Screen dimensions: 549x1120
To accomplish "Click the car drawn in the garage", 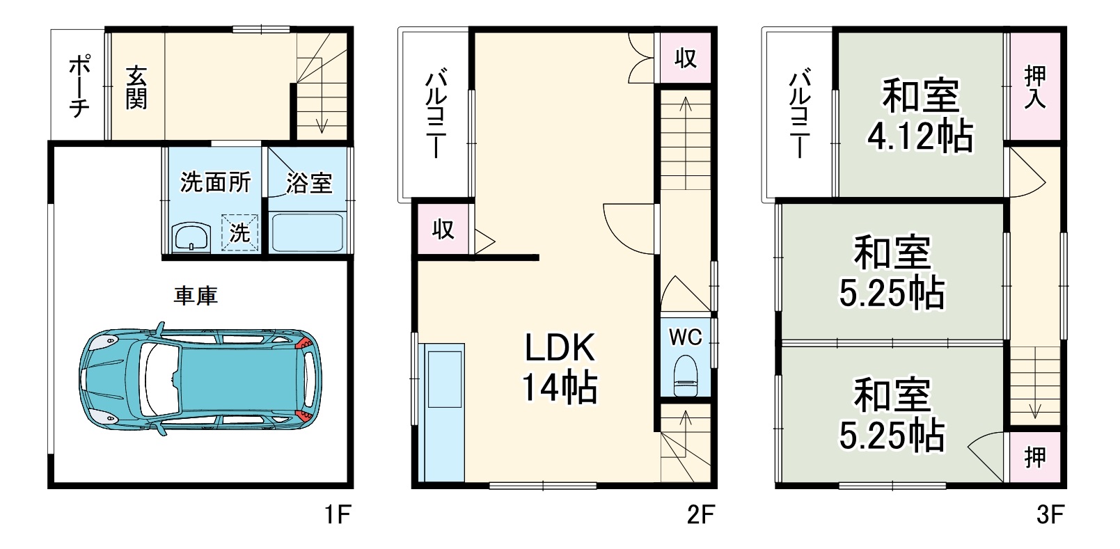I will coord(200,379).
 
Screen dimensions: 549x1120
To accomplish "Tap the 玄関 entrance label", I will coord(136,87).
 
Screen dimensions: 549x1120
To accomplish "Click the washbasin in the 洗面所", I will coord(191,237).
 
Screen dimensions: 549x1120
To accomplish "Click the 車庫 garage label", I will coord(196,296).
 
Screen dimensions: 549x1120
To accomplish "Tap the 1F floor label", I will coord(338,515).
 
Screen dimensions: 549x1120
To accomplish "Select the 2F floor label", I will coord(700,515).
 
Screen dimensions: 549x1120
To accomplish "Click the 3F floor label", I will coord(1050,515).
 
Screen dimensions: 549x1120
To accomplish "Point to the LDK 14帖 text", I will coord(560,367).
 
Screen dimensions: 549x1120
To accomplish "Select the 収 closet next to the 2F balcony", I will coord(443,229).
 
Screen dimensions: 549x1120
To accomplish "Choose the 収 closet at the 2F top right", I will coord(686,58).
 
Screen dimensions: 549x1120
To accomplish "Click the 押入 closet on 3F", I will coord(1035,87).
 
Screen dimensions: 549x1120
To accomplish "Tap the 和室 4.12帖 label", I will coord(920,115).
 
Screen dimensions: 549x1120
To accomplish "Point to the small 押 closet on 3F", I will coord(1035,457).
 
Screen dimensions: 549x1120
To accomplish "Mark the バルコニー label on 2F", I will coord(437,113).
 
